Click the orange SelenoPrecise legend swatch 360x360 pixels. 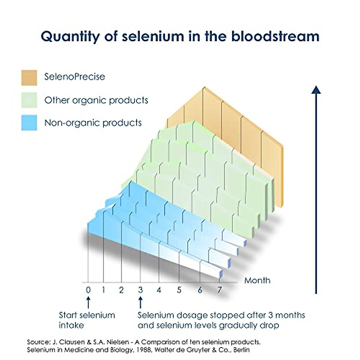(29, 78)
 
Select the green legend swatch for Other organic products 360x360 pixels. (29, 100)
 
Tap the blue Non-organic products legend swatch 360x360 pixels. (29, 122)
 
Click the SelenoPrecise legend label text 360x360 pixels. (75, 76)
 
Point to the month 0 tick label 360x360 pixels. (88, 290)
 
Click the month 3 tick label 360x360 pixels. (140, 290)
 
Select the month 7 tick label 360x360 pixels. (220, 290)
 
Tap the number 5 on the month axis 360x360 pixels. (179, 290)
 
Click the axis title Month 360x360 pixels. (257, 280)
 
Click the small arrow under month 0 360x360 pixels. (88, 302)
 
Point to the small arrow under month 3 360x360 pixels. (140, 302)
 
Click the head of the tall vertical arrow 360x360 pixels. (316, 89)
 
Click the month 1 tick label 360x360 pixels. (103, 290)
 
